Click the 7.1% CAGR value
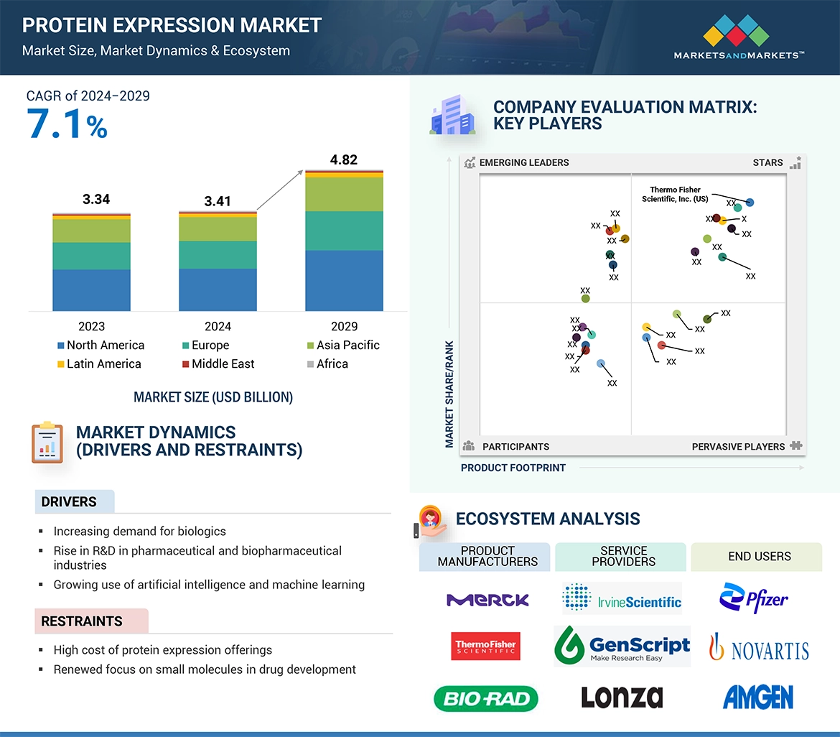coord(67,124)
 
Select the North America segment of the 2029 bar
coord(344,280)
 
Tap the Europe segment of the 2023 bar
coord(91,256)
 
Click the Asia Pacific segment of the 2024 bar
coord(218,228)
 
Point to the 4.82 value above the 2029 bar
coord(343,159)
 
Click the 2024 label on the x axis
coord(218,326)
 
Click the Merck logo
coord(487,600)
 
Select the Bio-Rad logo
coord(486,698)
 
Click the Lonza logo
coord(621,697)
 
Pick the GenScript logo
coord(622,645)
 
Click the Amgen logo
coord(757,697)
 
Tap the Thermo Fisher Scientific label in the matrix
coord(675,194)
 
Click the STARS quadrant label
coord(767,162)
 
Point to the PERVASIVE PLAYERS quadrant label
coord(738,446)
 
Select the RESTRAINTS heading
coord(82,621)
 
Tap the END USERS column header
coord(759,557)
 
